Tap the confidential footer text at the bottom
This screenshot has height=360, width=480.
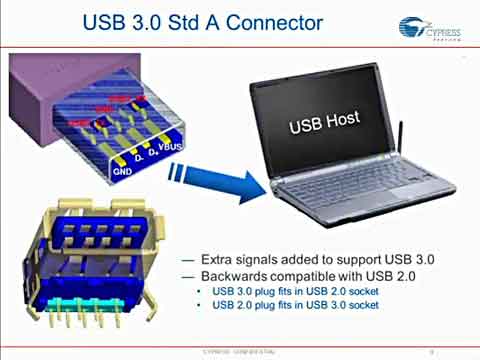pos(234,352)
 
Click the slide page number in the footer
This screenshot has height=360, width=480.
pos(429,352)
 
